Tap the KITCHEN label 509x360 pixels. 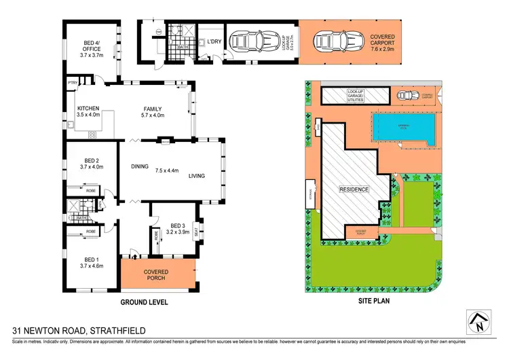[88, 109]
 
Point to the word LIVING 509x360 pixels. [196, 176]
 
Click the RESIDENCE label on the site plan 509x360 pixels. [354, 190]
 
